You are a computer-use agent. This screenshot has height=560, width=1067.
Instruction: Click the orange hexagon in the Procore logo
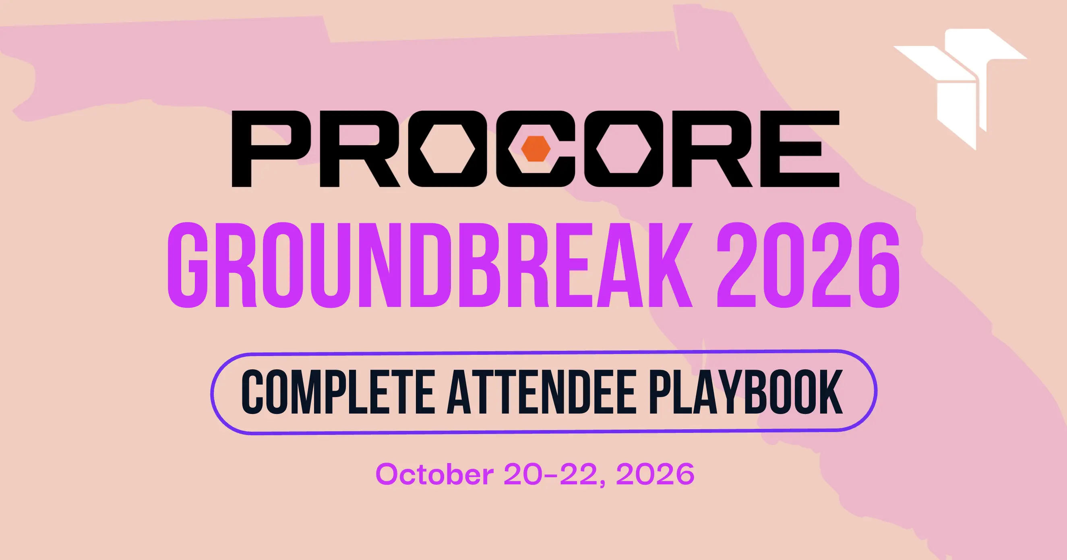pos(536,148)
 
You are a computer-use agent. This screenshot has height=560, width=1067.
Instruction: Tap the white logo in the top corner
pos(960,89)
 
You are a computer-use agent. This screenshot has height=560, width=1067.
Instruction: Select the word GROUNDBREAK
pos(430,265)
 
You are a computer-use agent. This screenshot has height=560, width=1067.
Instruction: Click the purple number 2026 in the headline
pos(808,265)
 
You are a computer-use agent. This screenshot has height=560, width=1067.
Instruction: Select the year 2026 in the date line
pos(655,474)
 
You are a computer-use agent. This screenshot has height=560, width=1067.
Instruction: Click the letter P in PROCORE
pos(272,149)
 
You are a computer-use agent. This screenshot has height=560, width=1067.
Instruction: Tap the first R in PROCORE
pos(360,149)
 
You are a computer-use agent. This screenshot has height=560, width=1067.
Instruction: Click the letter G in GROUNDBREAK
pos(187,265)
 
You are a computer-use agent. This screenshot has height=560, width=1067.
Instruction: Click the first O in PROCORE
pos(447,149)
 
